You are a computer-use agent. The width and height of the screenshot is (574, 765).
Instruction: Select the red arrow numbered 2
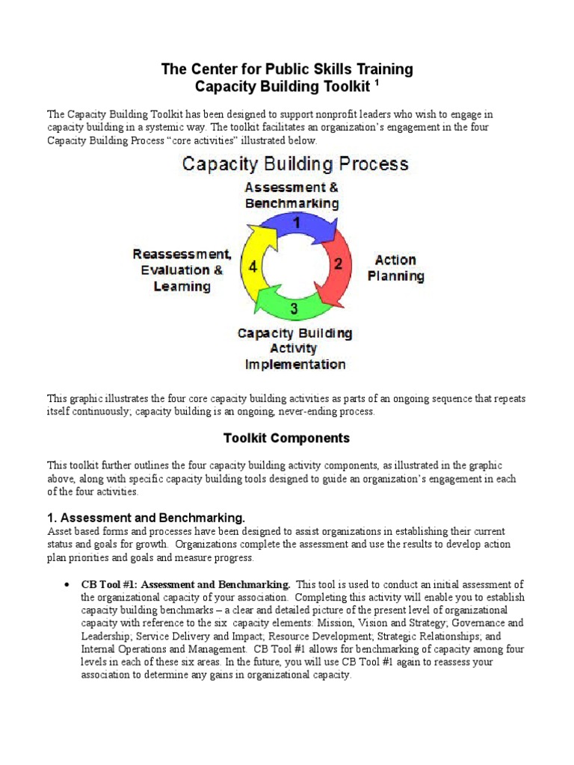click(336, 264)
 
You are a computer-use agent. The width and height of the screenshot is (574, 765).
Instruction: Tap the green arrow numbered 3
click(294, 306)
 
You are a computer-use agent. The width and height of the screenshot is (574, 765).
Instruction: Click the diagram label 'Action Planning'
click(395, 268)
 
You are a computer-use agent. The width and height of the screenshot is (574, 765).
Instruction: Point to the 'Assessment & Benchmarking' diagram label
click(291, 196)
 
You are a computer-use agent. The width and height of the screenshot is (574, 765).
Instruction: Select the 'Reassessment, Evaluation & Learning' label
click(182, 270)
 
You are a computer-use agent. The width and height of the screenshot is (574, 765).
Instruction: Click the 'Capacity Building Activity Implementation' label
click(295, 349)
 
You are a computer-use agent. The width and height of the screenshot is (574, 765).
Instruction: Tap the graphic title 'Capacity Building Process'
click(295, 164)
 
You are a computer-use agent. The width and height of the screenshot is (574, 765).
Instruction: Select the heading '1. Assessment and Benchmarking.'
click(152, 518)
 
